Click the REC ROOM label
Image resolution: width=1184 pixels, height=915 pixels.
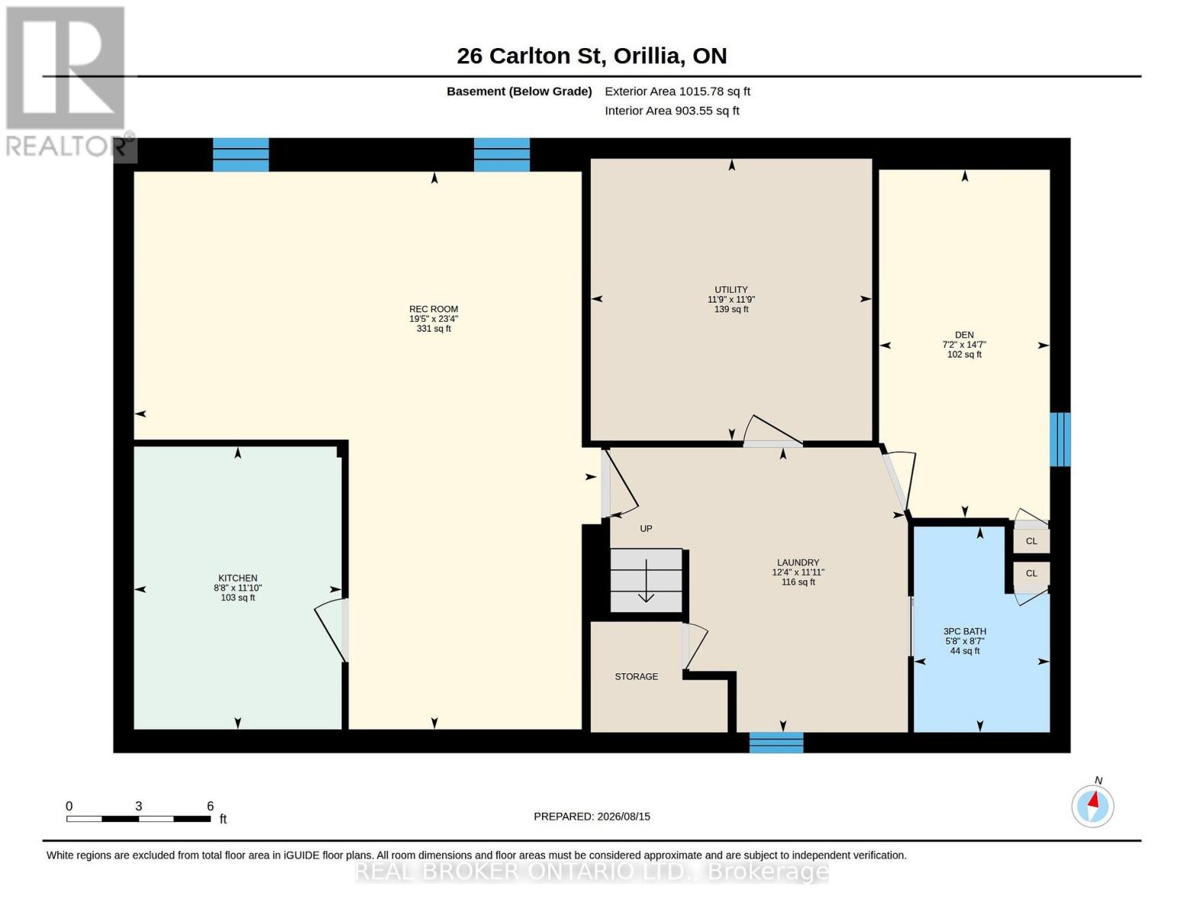tap(434, 309)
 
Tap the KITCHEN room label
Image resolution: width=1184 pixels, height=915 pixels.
tap(238, 578)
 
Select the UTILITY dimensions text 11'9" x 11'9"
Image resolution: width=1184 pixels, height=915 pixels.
tap(731, 299)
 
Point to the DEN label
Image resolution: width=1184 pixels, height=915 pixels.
tap(964, 335)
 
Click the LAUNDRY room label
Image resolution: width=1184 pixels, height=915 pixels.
tap(797, 563)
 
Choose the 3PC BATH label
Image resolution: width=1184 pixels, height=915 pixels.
tap(964, 631)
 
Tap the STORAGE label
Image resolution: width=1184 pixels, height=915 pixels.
tap(636, 676)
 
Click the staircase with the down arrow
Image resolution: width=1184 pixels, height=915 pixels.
tap(646, 580)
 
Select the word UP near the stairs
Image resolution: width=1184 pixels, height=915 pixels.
tap(646, 528)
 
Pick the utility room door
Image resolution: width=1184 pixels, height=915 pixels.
tap(772, 431)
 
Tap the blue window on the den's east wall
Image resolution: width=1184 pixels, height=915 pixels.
tap(1060, 439)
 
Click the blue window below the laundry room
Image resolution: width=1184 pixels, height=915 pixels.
tap(776, 743)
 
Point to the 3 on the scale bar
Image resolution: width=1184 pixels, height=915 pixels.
tap(139, 807)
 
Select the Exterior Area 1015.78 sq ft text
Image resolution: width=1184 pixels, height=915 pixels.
tap(677, 91)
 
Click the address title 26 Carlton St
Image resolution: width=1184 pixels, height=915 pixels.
tap(528, 56)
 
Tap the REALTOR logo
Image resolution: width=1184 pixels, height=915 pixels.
tap(68, 82)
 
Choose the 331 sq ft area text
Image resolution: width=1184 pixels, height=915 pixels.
tap(434, 329)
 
